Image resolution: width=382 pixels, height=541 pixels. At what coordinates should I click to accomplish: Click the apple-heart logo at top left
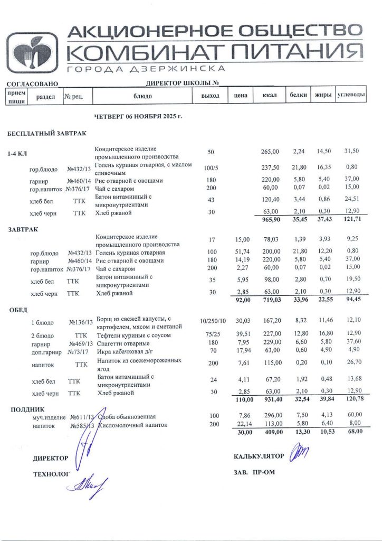pos(33,51)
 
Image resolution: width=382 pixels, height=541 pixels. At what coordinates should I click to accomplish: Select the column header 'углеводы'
pos(351,95)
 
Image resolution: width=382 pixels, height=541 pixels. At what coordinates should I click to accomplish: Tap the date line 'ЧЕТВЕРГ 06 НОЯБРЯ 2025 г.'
pos(138,116)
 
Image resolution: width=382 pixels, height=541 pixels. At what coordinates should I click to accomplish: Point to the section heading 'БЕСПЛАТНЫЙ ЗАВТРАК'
pos(46,134)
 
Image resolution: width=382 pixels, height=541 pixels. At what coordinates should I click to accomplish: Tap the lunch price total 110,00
pos(241,400)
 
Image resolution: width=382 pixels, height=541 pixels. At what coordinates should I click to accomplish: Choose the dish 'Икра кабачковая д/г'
pos(127,350)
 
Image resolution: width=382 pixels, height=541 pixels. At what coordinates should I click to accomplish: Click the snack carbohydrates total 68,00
pos(353,432)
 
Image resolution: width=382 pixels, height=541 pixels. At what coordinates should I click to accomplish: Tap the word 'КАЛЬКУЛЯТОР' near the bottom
pos(259,456)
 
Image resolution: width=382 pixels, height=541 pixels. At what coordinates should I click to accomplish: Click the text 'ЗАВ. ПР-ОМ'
pos(254,472)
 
